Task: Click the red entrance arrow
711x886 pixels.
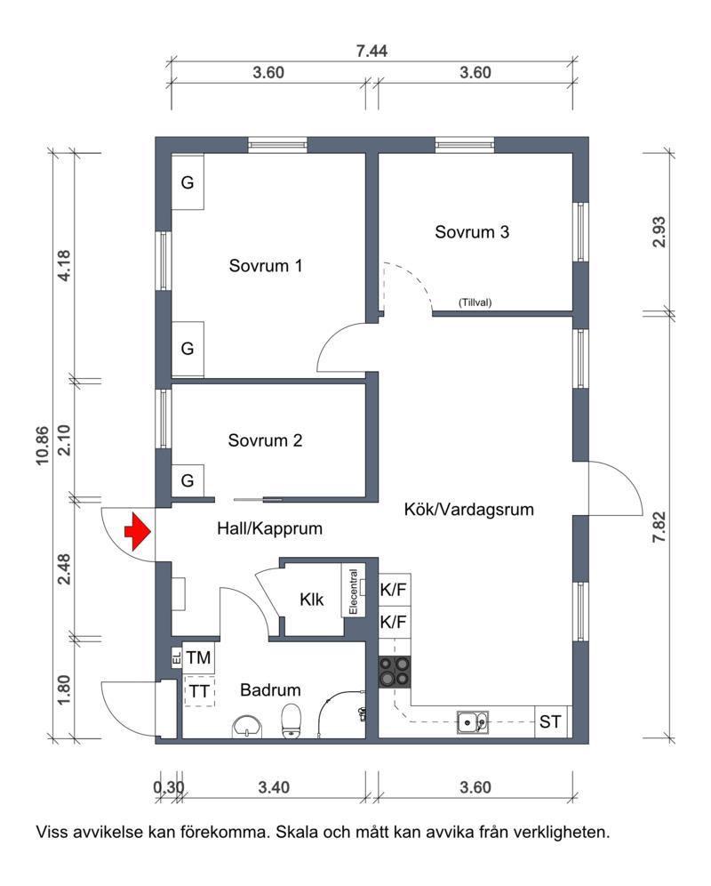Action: tap(136, 531)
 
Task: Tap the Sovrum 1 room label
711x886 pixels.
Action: tap(266, 265)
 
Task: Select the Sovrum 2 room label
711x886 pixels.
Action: tap(265, 440)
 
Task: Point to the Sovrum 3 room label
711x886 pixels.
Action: tap(471, 233)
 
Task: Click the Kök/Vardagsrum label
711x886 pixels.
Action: tap(468, 510)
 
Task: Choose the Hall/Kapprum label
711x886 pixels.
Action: tap(269, 528)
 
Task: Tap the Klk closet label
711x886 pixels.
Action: tap(311, 600)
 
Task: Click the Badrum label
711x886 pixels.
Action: tap(270, 689)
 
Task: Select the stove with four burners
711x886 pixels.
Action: tap(395, 671)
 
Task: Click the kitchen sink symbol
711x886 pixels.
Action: tap(472, 721)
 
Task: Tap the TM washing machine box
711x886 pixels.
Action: tap(198, 658)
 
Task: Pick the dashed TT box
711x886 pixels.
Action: tap(198, 690)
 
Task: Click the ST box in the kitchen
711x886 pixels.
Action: tap(550, 721)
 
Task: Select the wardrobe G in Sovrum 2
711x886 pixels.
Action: tap(188, 480)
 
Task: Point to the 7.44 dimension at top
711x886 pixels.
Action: tap(371, 51)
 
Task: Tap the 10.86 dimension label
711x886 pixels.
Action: tap(43, 442)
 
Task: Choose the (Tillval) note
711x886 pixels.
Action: tap(475, 302)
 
